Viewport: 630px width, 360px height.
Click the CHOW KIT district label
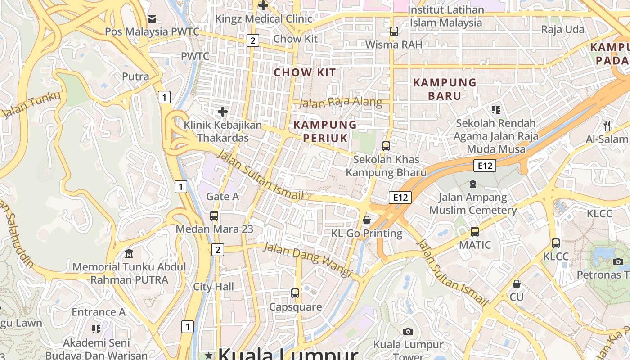tap(305, 72)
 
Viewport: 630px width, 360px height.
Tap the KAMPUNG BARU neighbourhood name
tap(445, 89)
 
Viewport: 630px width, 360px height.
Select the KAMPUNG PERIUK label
tap(325, 131)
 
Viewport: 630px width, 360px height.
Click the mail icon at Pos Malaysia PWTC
tap(152, 18)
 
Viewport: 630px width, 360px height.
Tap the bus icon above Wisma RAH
tap(394, 31)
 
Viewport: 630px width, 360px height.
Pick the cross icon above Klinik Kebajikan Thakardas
tap(222, 111)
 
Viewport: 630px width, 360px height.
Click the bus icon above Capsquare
tap(295, 293)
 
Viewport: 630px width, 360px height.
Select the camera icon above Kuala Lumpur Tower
tap(408, 331)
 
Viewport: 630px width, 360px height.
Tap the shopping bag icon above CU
tap(517, 284)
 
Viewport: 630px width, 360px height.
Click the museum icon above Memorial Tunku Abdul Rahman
tap(129, 253)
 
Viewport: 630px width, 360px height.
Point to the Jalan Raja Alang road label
tap(340, 103)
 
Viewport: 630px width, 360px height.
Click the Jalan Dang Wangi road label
tap(307, 259)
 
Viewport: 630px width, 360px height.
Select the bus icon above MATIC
tap(475, 232)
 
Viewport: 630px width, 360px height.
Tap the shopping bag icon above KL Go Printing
tap(367, 220)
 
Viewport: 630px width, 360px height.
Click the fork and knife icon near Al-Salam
tap(607, 126)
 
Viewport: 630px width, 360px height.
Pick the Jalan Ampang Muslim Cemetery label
tap(472, 203)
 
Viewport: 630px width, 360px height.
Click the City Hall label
tap(213, 287)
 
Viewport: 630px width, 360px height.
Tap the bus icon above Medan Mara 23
tap(214, 216)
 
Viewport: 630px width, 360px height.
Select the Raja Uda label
tap(562, 30)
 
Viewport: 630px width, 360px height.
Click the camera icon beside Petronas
tap(618, 261)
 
